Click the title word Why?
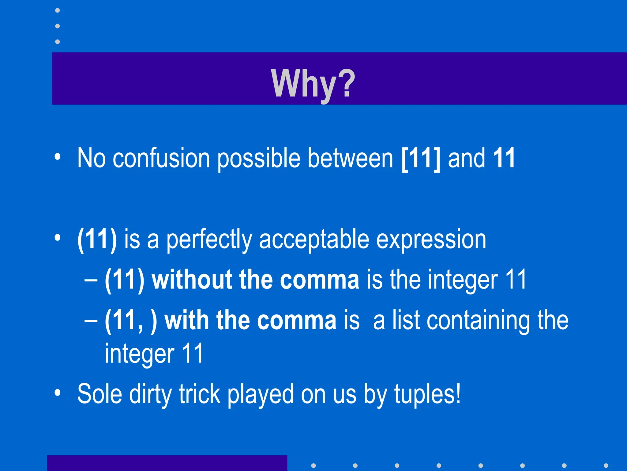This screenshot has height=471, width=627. coord(313,83)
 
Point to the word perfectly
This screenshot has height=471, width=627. coord(209,240)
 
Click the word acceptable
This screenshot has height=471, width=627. coord(314,240)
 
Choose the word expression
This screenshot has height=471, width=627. coord(431,240)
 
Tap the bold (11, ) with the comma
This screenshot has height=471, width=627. coord(131,320)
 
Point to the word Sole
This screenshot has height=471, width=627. coord(99,394)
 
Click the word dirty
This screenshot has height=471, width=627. coord(150,394)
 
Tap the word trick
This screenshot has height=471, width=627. coord(200,394)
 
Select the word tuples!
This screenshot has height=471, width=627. coord(427,394)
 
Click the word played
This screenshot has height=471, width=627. coord(260,394)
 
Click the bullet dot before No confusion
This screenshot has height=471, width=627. coord(58,157)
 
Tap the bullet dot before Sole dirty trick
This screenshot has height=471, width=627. coord(58,393)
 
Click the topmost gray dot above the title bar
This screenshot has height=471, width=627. coord(57,10)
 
